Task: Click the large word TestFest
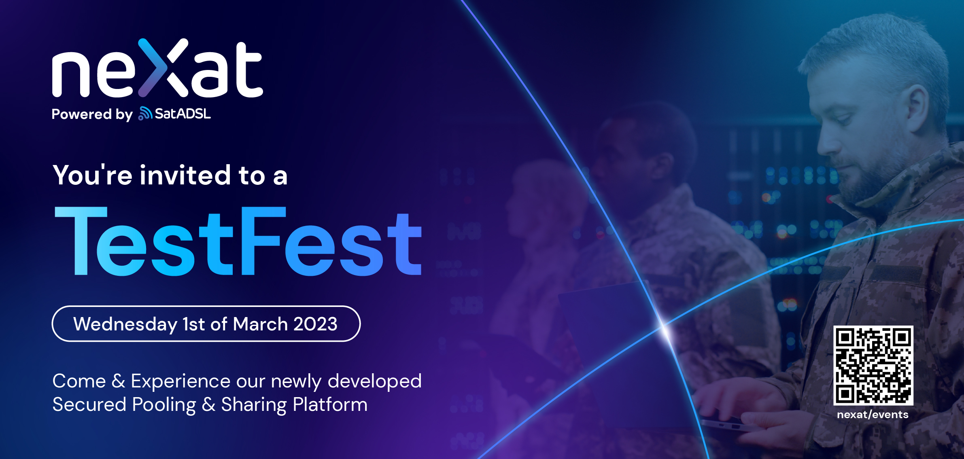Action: pos(238,241)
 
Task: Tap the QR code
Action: pos(873,365)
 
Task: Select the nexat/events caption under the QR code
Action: pos(873,415)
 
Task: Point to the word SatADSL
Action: pos(183,114)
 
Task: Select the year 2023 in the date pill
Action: pos(315,324)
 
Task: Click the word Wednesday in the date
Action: pos(125,324)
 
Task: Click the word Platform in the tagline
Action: pos(330,405)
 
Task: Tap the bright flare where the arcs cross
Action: pos(664,326)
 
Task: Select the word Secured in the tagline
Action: pos(89,404)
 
